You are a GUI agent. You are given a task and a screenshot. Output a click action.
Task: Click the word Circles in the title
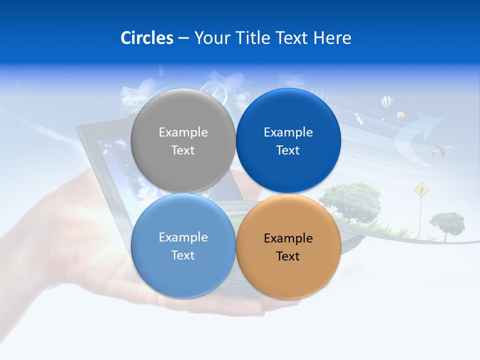pos(146,38)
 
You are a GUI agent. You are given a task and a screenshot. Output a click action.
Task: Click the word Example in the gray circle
pos(183,132)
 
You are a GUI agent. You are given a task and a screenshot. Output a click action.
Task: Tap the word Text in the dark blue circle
pos(288,150)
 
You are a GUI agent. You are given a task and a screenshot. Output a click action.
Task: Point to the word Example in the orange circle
pos(288,238)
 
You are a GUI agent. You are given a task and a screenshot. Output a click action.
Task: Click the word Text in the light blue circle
pos(183,255)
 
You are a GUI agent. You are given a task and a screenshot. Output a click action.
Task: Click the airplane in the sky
pos(440,149)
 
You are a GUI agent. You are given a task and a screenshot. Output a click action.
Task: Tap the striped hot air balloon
pos(386,103)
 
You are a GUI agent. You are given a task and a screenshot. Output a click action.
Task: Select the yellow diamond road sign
pos(422,189)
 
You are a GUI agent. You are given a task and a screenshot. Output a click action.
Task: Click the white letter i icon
pos(358,118)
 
